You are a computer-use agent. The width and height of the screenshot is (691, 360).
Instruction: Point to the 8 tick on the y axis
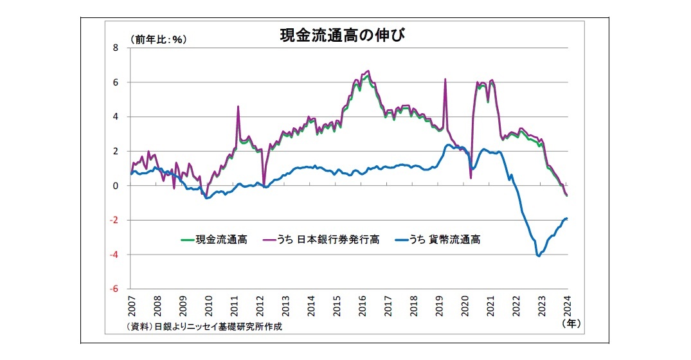pos(116,48)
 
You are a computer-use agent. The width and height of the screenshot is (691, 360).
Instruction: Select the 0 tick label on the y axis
pos(116,186)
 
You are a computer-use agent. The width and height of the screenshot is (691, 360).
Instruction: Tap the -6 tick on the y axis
pos(114,289)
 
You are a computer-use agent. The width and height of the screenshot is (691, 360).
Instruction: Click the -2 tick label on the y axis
pos(114,221)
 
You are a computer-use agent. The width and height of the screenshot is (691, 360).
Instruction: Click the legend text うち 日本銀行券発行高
pos(328,240)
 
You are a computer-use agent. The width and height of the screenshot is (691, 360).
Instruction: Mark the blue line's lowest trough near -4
pos(538,256)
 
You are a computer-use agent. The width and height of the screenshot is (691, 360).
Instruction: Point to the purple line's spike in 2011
pos(238,107)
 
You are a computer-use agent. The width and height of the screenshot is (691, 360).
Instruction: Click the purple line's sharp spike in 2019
pos(445,79)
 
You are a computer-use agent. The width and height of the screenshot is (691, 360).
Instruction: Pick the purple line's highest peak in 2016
pos(368,71)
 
